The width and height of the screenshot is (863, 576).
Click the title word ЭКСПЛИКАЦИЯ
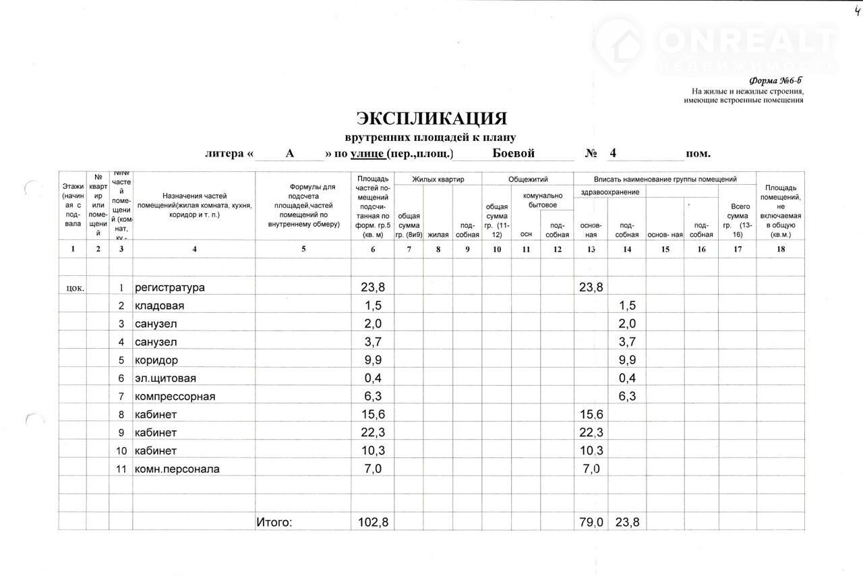(431, 119)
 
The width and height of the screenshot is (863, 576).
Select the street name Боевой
(514, 153)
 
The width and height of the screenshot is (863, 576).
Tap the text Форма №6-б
(781, 80)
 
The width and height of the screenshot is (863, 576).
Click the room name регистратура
(170, 287)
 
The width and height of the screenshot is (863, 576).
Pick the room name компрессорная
(175, 396)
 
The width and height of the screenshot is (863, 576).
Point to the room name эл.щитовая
(166, 378)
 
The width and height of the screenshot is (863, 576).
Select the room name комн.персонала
(177, 469)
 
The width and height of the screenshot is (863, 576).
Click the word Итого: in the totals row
(274, 521)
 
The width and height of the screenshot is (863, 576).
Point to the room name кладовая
(160, 306)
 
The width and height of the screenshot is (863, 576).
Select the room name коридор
(156, 359)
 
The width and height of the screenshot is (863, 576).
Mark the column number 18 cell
(781, 249)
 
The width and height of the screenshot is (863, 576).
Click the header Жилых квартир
(438, 179)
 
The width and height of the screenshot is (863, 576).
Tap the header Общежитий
(527, 179)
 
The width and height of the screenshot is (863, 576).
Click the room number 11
(121, 469)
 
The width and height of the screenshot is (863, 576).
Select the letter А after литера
(290, 153)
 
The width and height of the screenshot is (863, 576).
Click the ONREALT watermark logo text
(748, 40)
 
